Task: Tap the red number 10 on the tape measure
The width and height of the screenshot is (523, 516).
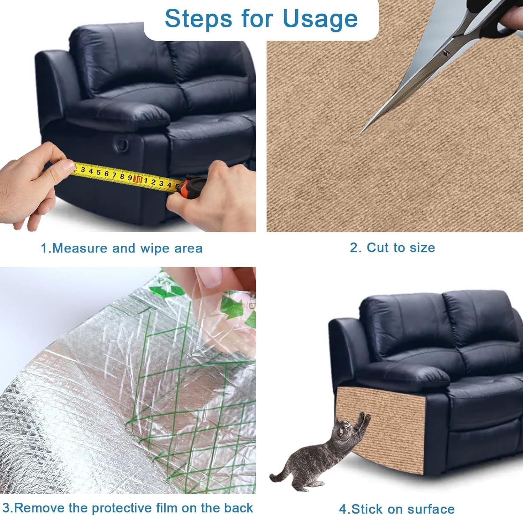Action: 138,179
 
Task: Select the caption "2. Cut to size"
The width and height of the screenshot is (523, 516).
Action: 392,248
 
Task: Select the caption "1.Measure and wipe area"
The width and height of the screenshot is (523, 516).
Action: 122,248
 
